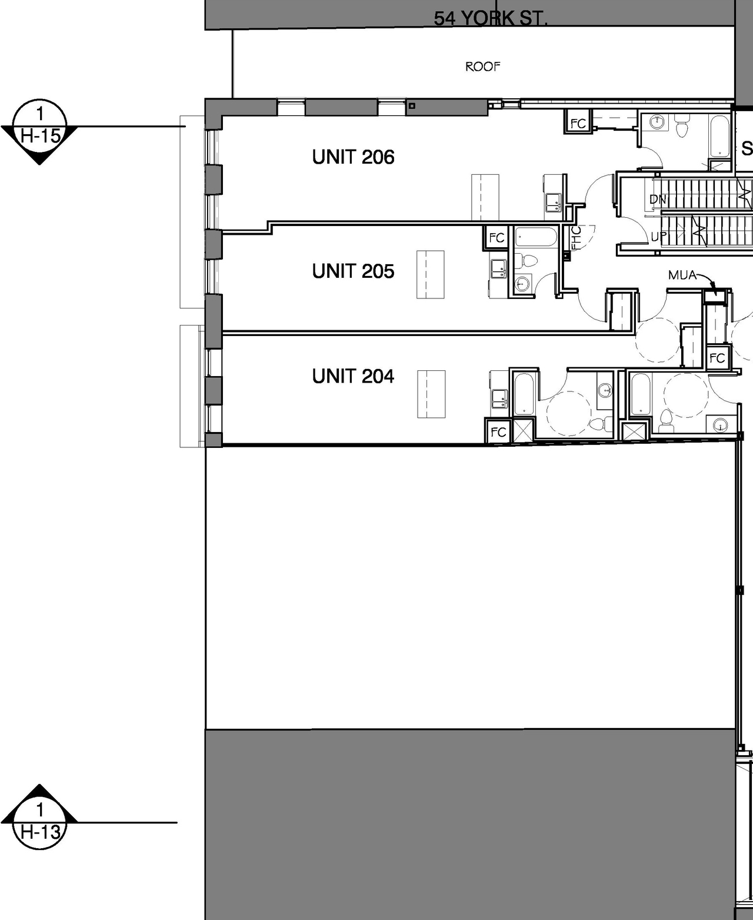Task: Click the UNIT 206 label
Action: [353, 157]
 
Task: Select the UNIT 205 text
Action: [353, 271]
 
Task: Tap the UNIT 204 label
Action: [353, 376]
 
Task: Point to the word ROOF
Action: [482, 67]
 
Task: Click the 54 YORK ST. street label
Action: [491, 19]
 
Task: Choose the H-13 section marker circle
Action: [39, 822]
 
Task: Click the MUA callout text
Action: [682, 275]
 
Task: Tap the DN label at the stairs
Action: [658, 200]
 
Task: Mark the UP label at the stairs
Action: [659, 237]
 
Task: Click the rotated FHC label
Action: [577, 238]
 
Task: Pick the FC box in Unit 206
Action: [578, 123]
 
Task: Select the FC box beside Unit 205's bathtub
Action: [497, 238]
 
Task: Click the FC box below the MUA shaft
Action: [717, 358]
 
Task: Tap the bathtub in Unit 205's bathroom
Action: [536, 238]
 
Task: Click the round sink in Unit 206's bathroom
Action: [656, 122]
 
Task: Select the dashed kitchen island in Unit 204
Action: [431, 394]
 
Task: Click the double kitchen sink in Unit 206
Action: [553, 202]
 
